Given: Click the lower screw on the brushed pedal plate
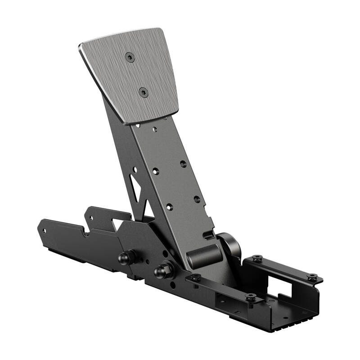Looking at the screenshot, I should point(143,93).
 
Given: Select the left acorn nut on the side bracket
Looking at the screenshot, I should point(124,257).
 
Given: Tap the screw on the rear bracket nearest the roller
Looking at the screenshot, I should point(257,259).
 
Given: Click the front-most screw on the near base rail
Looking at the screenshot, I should point(251,297).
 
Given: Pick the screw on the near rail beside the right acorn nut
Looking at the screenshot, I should point(195,278).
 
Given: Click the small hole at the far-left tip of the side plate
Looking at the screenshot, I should point(44,230).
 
